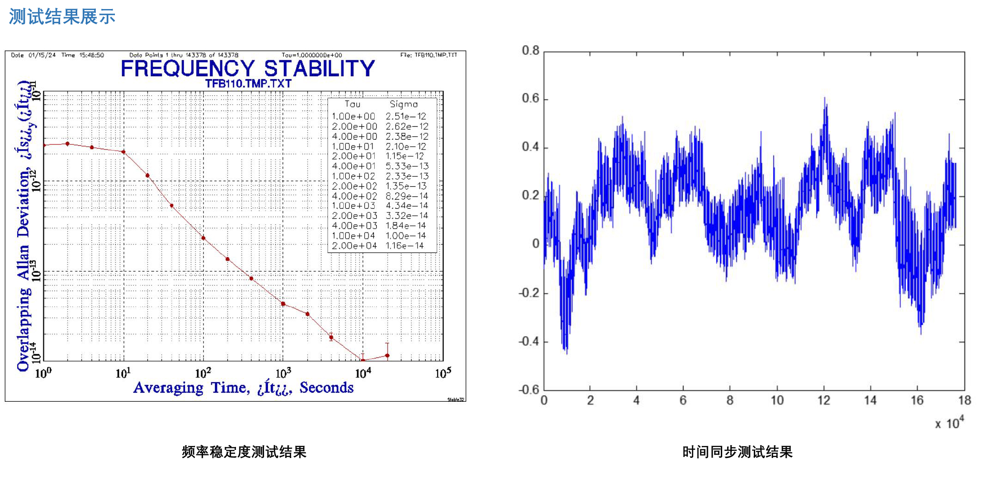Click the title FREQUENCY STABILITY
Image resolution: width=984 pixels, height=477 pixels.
pyautogui.click(x=247, y=69)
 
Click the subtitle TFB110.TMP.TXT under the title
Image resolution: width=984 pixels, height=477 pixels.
pyautogui.click(x=248, y=84)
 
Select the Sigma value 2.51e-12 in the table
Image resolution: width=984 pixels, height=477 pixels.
pyautogui.click(x=406, y=116)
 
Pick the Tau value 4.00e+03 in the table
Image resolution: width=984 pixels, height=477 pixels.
pyautogui.click(x=354, y=226)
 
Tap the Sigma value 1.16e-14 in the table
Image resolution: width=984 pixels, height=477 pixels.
pyautogui.click(x=404, y=246)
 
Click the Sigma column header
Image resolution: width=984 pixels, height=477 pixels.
pyautogui.click(x=403, y=104)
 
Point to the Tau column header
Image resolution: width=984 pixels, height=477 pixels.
pyautogui.click(x=352, y=104)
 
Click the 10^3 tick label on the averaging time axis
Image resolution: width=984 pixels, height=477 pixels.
pyautogui.click(x=283, y=373)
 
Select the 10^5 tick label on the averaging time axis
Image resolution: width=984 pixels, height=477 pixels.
pyautogui.click(x=443, y=373)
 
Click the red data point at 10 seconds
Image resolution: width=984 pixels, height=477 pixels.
pyautogui.click(x=123, y=152)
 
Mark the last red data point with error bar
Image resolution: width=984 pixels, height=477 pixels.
pyautogui.click(x=387, y=355)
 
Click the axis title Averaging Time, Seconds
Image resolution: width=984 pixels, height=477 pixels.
pyautogui.click(x=243, y=388)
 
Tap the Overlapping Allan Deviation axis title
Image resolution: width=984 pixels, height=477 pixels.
pyautogui.click(x=24, y=226)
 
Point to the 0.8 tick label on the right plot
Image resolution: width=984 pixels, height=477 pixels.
pyautogui.click(x=530, y=51)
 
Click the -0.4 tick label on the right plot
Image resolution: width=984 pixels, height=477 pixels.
pyautogui.click(x=529, y=342)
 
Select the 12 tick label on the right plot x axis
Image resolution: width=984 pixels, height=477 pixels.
pyautogui.click(x=823, y=400)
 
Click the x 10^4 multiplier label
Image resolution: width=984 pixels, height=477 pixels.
pyautogui.click(x=949, y=423)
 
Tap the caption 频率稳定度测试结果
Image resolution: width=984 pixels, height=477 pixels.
pyautogui.click(x=244, y=452)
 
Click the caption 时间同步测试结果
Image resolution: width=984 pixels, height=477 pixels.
pyautogui.click(x=737, y=452)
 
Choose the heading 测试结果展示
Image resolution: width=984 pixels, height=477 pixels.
pyautogui.click(x=62, y=17)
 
